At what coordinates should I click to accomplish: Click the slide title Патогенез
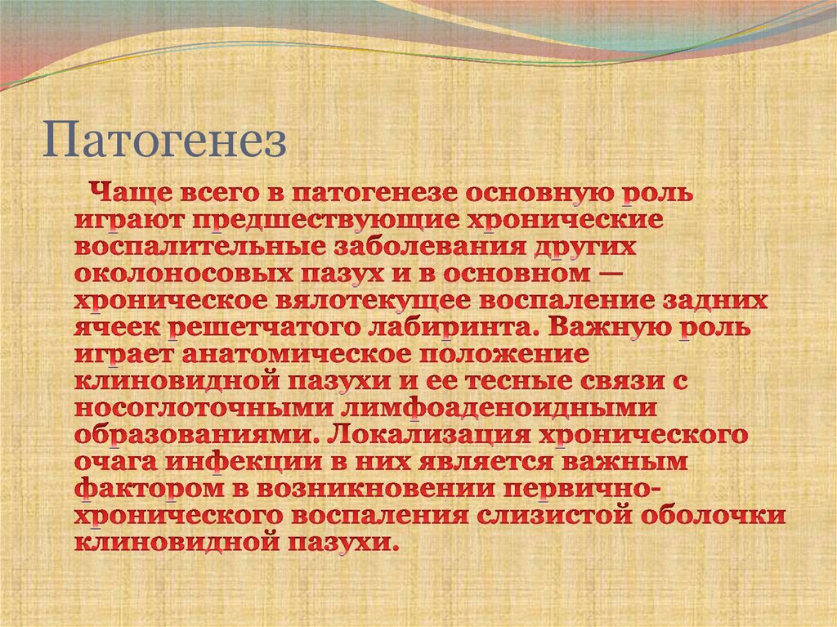165,141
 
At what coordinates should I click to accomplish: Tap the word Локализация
389,436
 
